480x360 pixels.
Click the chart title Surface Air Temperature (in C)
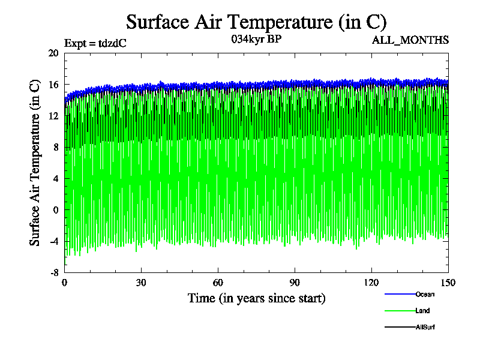tap(256, 22)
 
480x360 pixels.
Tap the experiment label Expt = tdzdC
tap(95, 43)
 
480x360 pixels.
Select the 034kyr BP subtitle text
tap(256, 40)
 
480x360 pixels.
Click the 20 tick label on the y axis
tap(53, 53)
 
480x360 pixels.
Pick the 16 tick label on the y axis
tap(53, 85)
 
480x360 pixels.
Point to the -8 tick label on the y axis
tap(53, 272)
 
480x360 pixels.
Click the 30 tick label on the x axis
tap(142, 283)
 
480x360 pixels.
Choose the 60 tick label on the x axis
tap(218, 283)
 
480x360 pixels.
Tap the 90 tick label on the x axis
tap(295, 283)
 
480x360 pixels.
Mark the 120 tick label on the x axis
tap(371, 283)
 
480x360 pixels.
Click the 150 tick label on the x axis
tap(448, 283)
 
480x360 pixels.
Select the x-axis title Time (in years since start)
tap(256, 298)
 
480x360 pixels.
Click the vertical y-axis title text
tap(35, 162)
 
